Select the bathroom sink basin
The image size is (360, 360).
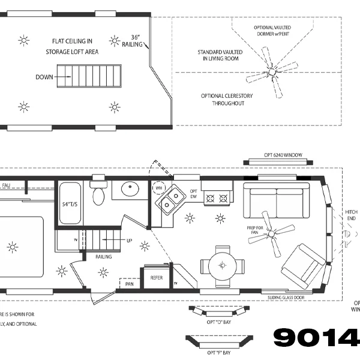click(x=130, y=191)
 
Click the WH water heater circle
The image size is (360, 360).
click(x=159, y=188)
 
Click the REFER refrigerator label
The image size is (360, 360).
click(x=157, y=278)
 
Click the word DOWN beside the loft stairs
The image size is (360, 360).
click(x=44, y=77)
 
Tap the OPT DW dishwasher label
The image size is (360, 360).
click(x=194, y=193)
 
